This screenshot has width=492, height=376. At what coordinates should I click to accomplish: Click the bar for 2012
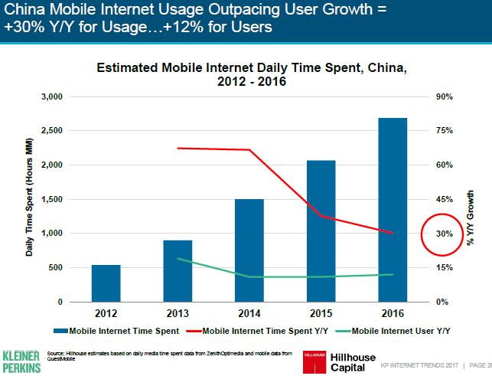click(x=106, y=283)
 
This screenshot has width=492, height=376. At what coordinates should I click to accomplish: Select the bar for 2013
click(x=178, y=271)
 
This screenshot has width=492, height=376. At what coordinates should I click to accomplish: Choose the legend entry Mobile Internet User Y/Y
click(x=393, y=331)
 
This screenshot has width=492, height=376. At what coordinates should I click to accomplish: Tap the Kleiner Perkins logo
click(x=21, y=361)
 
